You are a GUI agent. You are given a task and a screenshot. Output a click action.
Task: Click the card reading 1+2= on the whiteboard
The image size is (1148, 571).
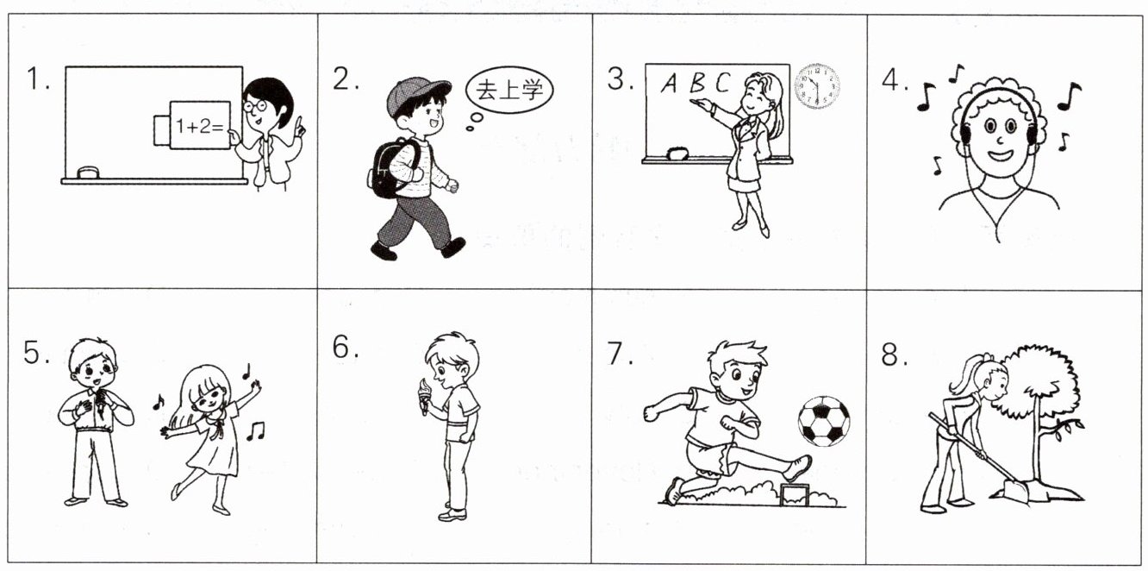tap(199, 126)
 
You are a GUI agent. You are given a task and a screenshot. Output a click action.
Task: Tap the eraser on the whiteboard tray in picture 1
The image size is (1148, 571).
tap(88, 173)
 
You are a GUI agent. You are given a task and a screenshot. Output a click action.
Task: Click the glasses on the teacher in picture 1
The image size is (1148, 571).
tap(255, 106)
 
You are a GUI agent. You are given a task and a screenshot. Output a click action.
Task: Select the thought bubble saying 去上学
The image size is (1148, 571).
tap(508, 91)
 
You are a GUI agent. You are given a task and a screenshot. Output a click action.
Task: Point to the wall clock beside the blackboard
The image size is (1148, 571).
tap(817, 86)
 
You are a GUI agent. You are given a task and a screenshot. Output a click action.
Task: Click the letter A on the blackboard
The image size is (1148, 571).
tap(669, 83)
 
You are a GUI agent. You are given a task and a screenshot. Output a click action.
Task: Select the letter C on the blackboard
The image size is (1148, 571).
tap(722, 82)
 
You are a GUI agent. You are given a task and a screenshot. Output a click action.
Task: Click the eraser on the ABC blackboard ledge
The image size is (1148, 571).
tap(677, 154)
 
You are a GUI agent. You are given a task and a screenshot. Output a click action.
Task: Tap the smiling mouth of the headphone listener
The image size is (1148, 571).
tap(1001, 155)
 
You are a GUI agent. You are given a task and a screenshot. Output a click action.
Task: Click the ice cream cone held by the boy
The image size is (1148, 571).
tap(424, 396)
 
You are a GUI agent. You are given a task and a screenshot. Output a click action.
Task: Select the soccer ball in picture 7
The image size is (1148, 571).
tap(824, 421)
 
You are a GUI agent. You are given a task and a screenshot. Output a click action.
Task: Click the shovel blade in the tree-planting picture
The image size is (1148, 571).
tap(1014, 491)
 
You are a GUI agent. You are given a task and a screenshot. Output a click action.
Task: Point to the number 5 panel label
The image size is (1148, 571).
tap(32, 352)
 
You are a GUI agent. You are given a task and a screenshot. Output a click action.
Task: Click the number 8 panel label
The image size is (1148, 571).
tap(889, 354)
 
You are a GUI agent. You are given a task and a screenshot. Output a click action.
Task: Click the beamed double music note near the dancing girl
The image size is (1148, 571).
tap(255, 431)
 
